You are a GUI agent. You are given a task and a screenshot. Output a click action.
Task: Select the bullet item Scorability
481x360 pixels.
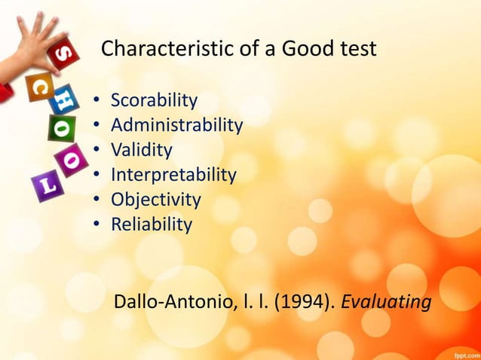(x=154, y=100)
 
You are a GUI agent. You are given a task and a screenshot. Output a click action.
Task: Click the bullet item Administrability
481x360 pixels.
(x=176, y=125)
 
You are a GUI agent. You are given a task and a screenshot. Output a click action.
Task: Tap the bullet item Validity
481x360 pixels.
(x=142, y=150)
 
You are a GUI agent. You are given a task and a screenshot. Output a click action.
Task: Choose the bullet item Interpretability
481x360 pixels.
(x=173, y=175)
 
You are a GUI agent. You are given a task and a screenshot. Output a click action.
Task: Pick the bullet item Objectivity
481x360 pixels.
(x=155, y=200)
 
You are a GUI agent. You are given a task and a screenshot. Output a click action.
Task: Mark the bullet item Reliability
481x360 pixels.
(x=152, y=224)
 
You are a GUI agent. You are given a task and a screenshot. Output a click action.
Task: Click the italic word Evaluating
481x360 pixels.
(x=387, y=303)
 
